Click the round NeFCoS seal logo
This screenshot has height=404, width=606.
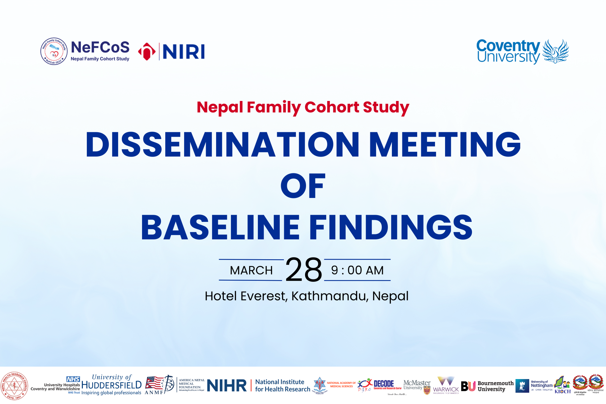coord(54,51)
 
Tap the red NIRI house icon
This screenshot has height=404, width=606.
coord(147,52)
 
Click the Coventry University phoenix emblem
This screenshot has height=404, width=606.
coord(555,51)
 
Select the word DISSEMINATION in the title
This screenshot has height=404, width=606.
coord(223,144)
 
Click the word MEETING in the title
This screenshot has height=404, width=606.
coord(445,144)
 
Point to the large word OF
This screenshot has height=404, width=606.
coord(303,186)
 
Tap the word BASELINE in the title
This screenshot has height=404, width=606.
coord(221,228)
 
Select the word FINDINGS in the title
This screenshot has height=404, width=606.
coord(391,228)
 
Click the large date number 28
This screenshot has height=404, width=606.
coord(303,270)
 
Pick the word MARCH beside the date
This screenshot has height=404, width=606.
coord(251,270)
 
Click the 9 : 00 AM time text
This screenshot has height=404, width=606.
coord(357,270)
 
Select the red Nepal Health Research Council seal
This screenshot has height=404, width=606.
coord(14,386)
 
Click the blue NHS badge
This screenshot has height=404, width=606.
coord(73,379)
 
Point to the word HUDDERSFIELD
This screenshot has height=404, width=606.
coord(111,385)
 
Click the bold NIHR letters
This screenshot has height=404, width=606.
coord(227,386)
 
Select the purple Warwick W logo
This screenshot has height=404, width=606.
coord(446,381)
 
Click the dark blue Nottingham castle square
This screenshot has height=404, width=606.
coord(522,386)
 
